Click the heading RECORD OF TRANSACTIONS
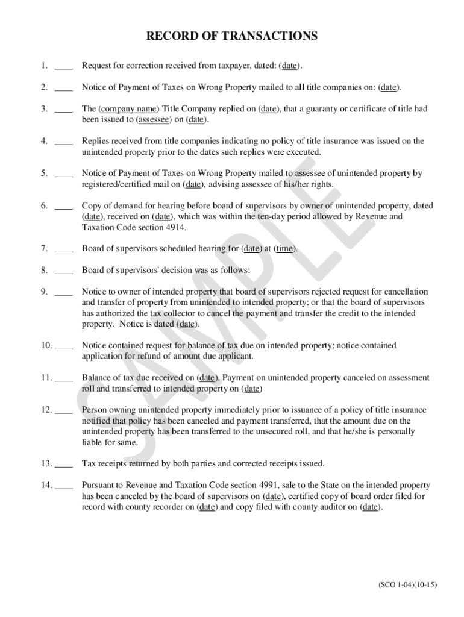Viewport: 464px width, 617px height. pyautogui.click(x=232, y=37)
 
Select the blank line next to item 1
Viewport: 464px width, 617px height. pyautogui.click(x=63, y=66)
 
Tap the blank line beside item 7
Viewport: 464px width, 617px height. pyautogui.click(x=63, y=248)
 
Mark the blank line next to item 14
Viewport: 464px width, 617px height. pyautogui.click(x=63, y=486)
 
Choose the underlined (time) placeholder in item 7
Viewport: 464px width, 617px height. pyautogui.click(x=285, y=248)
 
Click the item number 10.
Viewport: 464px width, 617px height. pyautogui.click(x=47, y=346)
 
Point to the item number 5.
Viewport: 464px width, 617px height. pyautogui.click(x=45, y=174)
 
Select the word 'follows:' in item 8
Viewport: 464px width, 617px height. pyautogui.click(x=233, y=269)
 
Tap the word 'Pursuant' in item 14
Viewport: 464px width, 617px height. pyautogui.click(x=98, y=485)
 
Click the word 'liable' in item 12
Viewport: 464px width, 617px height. pyautogui.click(x=92, y=442)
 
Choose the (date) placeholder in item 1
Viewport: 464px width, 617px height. pyautogui.click(x=290, y=66)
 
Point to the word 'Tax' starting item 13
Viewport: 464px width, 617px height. pyautogui.click(x=89, y=463)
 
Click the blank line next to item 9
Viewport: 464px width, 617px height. pyautogui.click(x=63, y=292)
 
